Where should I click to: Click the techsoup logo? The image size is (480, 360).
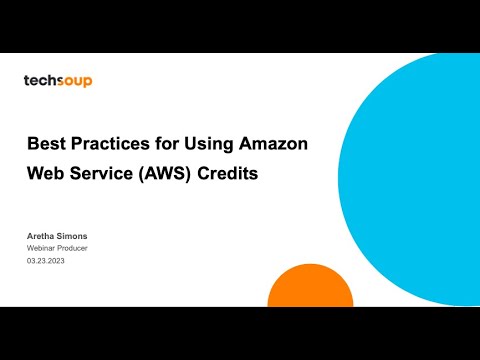pos(58,81)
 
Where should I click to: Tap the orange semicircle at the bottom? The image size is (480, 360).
pos(310,288)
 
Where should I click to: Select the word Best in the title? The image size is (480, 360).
pos(47,144)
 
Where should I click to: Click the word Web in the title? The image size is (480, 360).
pos(46,173)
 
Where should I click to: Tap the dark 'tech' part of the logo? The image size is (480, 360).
pos(38,81)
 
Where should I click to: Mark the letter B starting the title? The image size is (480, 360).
pos(33,144)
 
